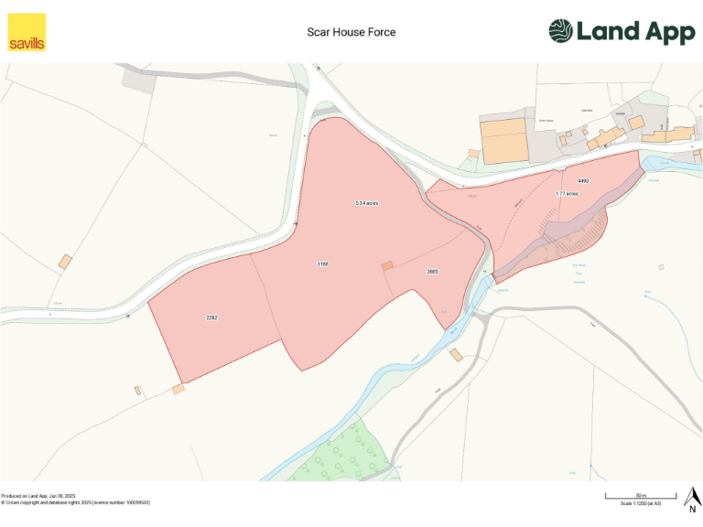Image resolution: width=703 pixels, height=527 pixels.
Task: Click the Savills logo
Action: (27, 32)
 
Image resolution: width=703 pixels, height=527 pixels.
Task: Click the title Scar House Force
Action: (351, 32)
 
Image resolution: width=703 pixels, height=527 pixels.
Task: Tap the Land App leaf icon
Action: (560, 31)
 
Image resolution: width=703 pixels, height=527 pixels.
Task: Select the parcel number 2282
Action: (211, 317)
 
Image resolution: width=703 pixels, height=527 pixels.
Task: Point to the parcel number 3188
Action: (322, 263)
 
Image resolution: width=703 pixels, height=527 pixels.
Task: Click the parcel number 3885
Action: (433, 272)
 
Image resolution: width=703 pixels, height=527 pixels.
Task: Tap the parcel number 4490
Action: (583, 181)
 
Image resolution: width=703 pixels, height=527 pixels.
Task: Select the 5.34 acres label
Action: (367, 202)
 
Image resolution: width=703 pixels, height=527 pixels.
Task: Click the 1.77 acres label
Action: (567, 194)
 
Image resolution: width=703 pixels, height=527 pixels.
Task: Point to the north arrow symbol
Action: (693, 499)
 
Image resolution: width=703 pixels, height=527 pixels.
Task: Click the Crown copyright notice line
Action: (75, 502)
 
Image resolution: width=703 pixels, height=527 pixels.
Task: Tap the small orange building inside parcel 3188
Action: (387, 265)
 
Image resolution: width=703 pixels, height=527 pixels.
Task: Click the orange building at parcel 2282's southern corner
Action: (178, 389)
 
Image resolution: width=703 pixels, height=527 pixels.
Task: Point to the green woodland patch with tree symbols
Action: (339, 453)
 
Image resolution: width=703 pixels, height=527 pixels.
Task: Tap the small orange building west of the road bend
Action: (65, 262)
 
